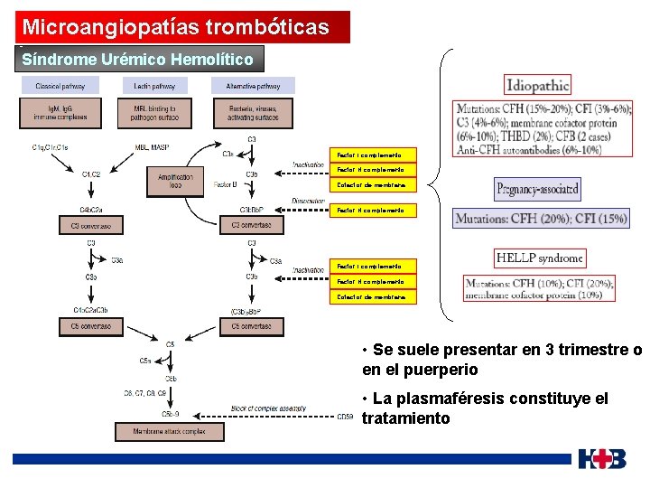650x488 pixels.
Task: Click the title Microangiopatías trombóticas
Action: pos(176,27)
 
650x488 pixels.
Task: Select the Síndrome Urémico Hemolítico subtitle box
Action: pos(137,60)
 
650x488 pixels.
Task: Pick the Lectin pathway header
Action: pos(153,86)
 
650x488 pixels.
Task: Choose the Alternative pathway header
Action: pos(246,86)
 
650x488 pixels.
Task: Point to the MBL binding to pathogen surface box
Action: pos(153,113)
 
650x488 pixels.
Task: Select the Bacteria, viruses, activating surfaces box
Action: pos(246,113)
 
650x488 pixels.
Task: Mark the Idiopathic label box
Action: pos(538,86)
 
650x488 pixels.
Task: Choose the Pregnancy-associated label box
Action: pos(537,190)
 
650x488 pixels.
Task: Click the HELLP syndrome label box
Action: pos(540,258)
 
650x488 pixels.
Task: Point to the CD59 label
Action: pos(345,417)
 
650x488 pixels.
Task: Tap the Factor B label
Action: pos(225,184)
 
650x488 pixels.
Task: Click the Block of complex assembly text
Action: pos(268,408)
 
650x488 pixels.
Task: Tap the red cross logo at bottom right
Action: pos(603,458)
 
